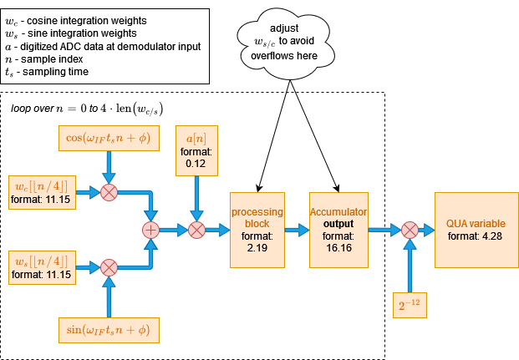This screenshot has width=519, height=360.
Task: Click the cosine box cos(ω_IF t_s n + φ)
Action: pyautogui.click(x=109, y=138)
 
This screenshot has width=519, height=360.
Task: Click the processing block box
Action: pyautogui.click(x=258, y=230)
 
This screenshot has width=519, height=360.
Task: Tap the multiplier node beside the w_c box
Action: pyautogui.click(x=109, y=192)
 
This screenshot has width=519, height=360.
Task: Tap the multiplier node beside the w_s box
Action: pyautogui.click(x=109, y=267)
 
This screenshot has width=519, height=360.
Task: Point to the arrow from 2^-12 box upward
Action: pyautogui.click(x=410, y=266)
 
